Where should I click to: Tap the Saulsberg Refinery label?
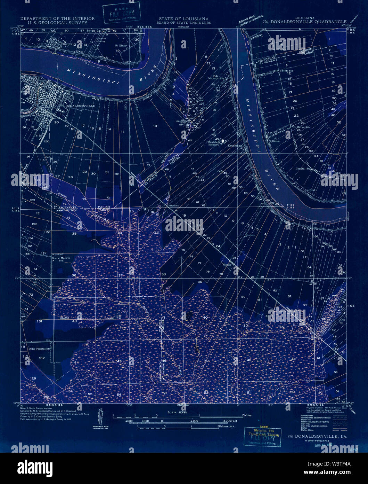(214, 143)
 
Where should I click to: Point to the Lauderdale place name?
(235, 146)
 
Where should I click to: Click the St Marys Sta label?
(301, 127)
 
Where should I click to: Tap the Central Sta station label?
(303, 169)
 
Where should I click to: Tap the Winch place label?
(227, 264)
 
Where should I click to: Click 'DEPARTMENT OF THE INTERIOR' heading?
(57, 18)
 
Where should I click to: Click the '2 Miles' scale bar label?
(247, 415)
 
